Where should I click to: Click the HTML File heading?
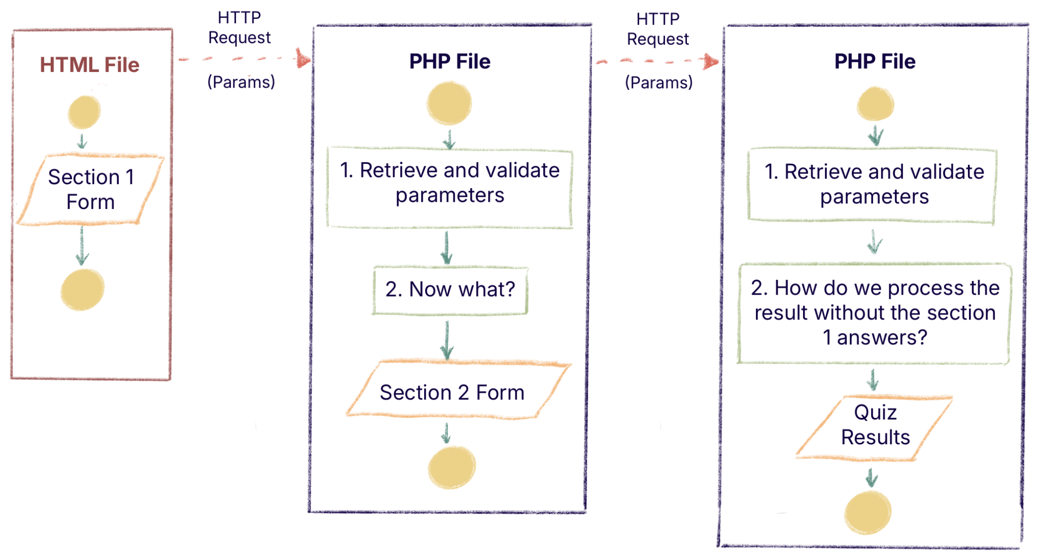(89, 65)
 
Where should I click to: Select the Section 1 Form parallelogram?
(91, 189)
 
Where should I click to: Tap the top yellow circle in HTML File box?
(84, 112)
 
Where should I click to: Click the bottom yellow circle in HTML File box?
(82, 289)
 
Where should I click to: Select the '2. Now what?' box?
(450, 290)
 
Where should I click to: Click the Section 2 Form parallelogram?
(452, 393)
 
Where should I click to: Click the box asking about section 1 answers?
(875, 313)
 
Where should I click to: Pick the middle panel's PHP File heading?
(449, 61)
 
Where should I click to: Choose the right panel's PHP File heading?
(875, 61)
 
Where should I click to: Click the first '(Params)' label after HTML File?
(241, 82)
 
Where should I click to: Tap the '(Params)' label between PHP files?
(659, 82)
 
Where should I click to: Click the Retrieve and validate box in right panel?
(874, 185)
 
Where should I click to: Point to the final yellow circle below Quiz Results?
(868, 512)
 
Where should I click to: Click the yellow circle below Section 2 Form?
(452, 467)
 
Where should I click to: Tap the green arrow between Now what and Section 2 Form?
(447, 340)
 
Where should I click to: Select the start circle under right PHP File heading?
(875, 104)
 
